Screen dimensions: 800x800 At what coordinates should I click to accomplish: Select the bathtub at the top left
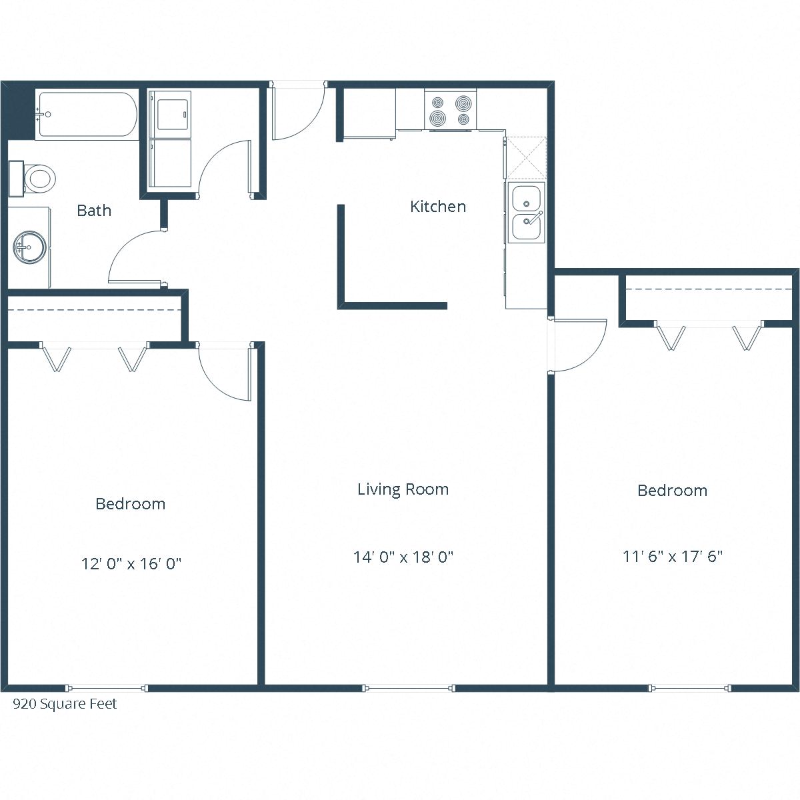[x=87, y=115]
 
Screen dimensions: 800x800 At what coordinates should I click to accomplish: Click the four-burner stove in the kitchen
[x=450, y=110]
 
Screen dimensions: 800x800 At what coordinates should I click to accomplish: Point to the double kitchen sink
[x=527, y=213]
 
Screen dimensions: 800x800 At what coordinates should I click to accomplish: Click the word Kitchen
[x=437, y=207]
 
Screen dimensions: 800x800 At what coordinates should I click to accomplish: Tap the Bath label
[x=94, y=211]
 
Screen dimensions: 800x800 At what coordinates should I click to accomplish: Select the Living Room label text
[x=403, y=489]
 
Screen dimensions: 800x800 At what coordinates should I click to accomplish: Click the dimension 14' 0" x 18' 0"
[x=403, y=557]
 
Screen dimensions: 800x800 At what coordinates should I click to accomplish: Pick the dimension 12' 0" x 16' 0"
[x=131, y=564]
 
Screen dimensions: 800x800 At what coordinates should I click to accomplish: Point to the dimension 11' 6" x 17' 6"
[x=673, y=556]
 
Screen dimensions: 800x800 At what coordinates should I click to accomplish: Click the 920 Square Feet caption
[x=65, y=704]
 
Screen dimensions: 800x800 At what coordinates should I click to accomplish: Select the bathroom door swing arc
[x=137, y=257]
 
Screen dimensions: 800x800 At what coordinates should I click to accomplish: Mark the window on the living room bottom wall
[x=409, y=688]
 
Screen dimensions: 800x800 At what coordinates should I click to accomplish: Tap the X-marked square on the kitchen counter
[x=525, y=158]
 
